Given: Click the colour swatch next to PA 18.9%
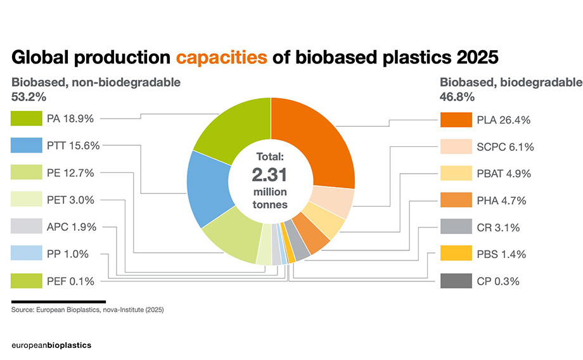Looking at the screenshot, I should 26,119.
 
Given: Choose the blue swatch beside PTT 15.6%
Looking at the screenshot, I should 26,146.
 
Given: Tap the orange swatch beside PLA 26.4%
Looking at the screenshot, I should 455,119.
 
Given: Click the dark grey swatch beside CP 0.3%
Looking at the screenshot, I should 455,281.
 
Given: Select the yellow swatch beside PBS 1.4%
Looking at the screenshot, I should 455,254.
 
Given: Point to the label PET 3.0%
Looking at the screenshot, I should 70,200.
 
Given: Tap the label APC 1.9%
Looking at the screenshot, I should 71,227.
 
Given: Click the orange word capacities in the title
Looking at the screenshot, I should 221,57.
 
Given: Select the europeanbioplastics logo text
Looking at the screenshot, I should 51,345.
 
